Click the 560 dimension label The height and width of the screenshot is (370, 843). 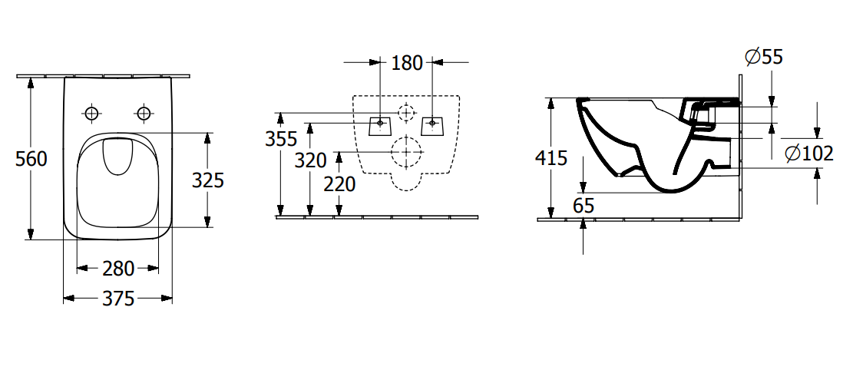tap(31, 159)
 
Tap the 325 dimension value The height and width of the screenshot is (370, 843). tap(208, 180)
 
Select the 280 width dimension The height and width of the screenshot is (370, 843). tap(118, 269)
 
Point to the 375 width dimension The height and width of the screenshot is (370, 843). tap(118, 299)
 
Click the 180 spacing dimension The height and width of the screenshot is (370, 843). tap(407, 63)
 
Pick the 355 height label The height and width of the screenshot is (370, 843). tap(281, 139)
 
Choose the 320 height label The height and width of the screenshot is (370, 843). tap(311, 160)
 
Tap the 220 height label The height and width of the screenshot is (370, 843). tap(340, 184)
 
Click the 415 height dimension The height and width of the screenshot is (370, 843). tap(551, 158)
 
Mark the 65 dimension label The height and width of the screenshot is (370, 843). tap(583, 206)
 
